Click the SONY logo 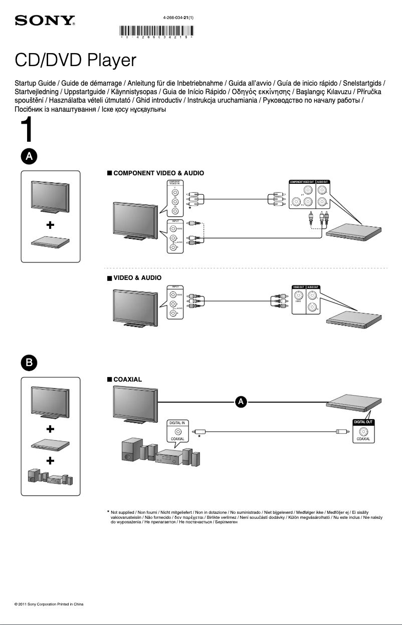coord(45,21)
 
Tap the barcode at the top coord(157,31)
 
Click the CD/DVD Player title coord(75,60)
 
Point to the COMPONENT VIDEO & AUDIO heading coord(158,173)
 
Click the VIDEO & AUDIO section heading coord(137,277)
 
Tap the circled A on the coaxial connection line coord(241,401)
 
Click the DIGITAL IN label coord(176,423)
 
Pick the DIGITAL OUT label coord(363,422)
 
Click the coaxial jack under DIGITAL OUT coord(363,431)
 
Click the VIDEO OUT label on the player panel coord(298,287)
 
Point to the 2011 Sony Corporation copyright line coord(49,604)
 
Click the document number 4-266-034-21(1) coord(178,18)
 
